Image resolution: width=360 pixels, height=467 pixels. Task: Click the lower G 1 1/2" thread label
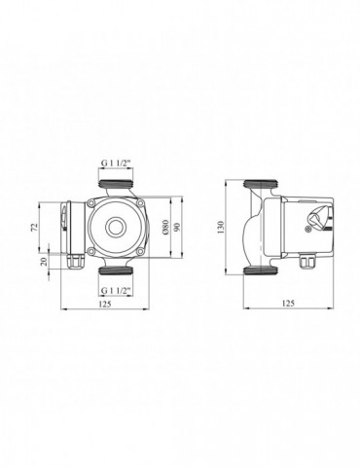[117, 291]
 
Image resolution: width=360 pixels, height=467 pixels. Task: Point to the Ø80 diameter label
[166, 230]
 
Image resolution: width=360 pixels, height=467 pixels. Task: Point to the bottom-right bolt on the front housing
[141, 253]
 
